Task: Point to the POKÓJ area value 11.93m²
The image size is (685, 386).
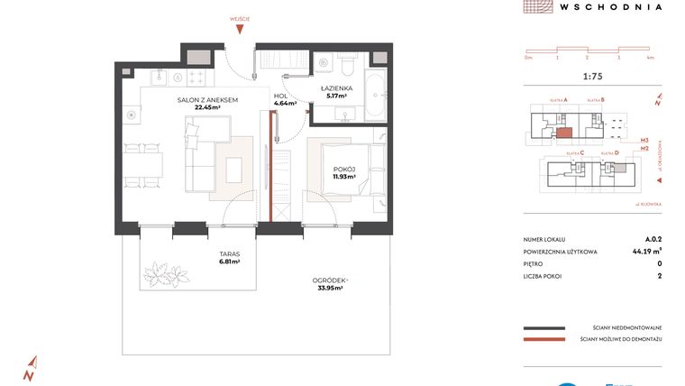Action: pos(343,177)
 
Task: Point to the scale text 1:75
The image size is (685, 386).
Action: pos(594,77)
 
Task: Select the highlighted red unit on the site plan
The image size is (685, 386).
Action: pos(563,132)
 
